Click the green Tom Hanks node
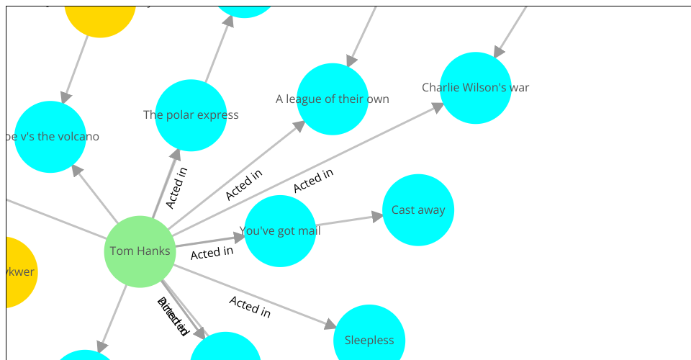(x=140, y=251)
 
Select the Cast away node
(x=418, y=210)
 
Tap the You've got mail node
(x=280, y=231)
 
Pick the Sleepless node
(x=369, y=340)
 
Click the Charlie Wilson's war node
(x=476, y=88)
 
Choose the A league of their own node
(x=333, y=99)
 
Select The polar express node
(x=191, y=115)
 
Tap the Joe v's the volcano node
(x=50, y=137)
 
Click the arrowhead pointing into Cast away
(x=377, y=215)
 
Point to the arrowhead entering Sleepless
(x=330, y=325)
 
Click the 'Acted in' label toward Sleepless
(x=250, y=307)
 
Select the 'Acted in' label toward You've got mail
(x=212, y=253)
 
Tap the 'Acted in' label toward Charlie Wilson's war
(x=313, y=180)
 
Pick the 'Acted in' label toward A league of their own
(x=243, y=185)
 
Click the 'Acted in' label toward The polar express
(x=176, y=187)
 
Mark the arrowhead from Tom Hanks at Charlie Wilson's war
(x=438, y=107)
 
